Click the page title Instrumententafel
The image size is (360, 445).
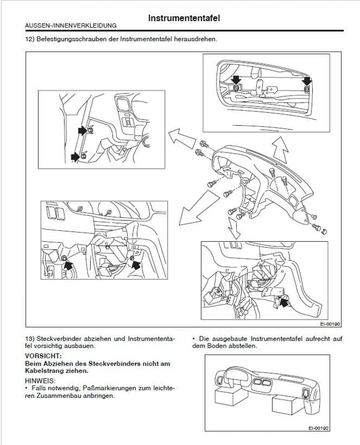[x=184, y=18]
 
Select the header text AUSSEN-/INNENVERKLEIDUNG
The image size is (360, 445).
[x=71, y=26]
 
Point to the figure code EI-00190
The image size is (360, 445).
[x=330, y=324]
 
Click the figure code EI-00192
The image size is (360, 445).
[x=319, y=428]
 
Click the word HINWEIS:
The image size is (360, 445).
[x=40, y=381]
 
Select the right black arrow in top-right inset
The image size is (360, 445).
[x=306, y=81]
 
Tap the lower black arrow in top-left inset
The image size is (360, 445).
[x=76, y=157]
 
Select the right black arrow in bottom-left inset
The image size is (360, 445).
[x=136, y=265]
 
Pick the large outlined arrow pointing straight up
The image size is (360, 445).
[x=280, y=150]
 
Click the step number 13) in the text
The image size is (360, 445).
[x=30, y=339]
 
